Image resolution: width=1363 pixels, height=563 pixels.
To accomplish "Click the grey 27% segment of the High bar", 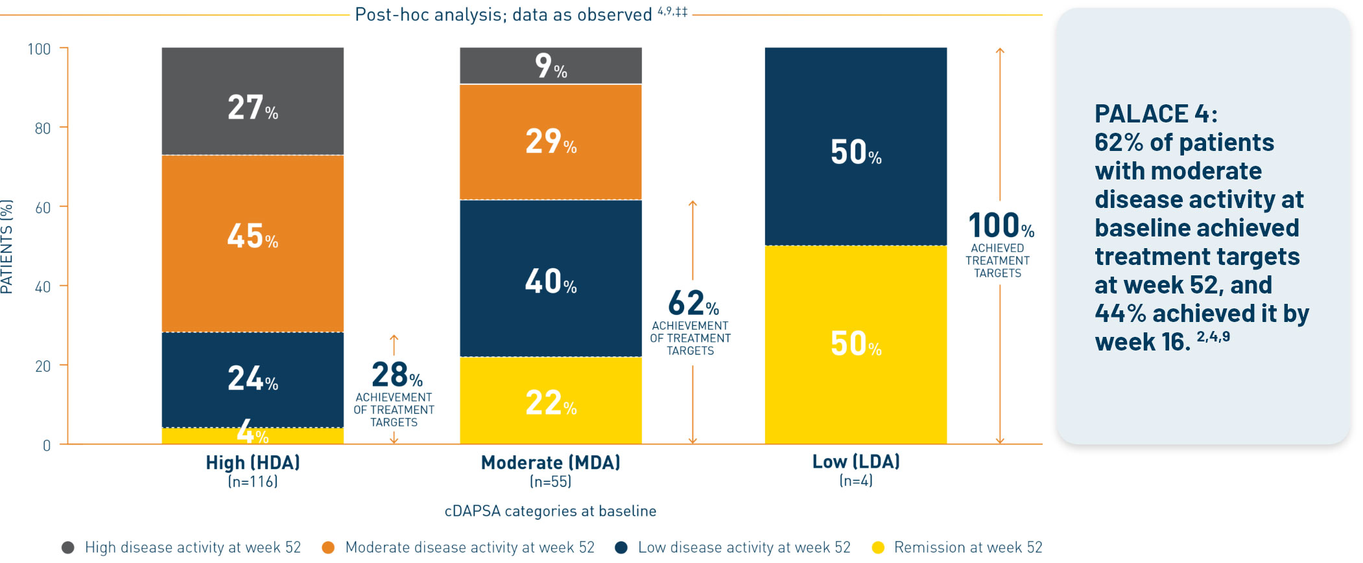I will point(252,102).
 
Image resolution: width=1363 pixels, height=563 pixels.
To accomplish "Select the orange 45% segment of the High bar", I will point(252,243).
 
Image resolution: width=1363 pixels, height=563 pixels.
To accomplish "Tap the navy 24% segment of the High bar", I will point(252,379).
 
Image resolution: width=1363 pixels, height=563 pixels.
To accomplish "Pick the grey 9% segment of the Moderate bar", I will point(551,65).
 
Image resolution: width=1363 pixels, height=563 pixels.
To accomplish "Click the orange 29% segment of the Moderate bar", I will point(551,142).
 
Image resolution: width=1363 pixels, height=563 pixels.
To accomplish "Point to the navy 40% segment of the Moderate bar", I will point(551,279).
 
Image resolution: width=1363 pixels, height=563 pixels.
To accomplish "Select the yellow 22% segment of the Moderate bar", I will point(551,400).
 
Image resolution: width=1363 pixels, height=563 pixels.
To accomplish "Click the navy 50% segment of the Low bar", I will point(855,146).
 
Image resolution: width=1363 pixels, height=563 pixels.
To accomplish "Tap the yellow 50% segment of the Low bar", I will point(855,344).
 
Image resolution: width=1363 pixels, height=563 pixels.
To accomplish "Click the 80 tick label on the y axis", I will point(43,128).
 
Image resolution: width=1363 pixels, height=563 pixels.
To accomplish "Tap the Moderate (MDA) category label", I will point(551,463).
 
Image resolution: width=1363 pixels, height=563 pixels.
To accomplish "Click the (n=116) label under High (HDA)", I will point(252,481).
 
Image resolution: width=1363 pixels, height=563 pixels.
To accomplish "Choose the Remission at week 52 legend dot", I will point(879,548).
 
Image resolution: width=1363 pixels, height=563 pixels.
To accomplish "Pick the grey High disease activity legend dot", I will point(67,548).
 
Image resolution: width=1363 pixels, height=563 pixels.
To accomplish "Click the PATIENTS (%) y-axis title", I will point(7,246).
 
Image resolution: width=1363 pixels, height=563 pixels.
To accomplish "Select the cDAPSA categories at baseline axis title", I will point(550,511).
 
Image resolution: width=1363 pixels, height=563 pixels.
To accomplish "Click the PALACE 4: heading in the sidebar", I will point(1156,114).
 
